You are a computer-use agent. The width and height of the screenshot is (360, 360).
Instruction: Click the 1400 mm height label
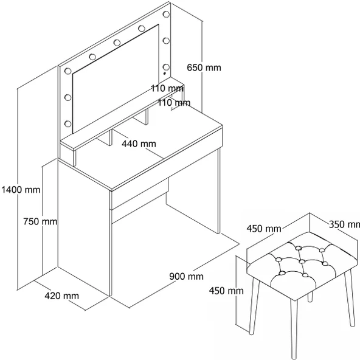point(21,190)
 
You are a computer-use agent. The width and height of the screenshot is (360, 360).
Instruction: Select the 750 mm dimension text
point(40,221)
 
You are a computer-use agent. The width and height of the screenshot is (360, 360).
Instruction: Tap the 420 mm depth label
point(62,296)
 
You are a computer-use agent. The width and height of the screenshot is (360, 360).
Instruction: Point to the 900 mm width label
point(187,276)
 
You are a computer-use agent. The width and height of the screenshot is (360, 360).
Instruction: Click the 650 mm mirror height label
point(204,67)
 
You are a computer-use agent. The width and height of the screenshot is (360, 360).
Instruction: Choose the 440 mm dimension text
point(139,144)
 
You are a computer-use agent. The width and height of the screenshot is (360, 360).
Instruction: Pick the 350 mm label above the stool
point(344,224)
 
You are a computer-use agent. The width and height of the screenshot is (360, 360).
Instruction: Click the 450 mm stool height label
point(226,291)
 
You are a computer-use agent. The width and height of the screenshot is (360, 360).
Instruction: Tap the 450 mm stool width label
point(264,229)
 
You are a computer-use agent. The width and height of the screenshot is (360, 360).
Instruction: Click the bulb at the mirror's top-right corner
point(166,14)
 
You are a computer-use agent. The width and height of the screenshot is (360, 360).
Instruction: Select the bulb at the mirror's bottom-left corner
point(68,124)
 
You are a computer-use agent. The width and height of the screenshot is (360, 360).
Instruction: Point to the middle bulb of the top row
point(117,43)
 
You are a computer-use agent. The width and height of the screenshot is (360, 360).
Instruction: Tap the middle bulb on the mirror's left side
point(68,97)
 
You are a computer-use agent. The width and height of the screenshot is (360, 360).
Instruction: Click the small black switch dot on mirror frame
point(164,74)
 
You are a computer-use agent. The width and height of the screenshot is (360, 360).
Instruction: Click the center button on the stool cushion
point(302,261)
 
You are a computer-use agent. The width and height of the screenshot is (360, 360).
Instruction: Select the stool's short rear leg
point(310,296)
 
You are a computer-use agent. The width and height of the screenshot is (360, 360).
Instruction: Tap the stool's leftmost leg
point(255,306)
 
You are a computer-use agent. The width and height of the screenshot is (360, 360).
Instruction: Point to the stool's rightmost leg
point(350,299)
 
